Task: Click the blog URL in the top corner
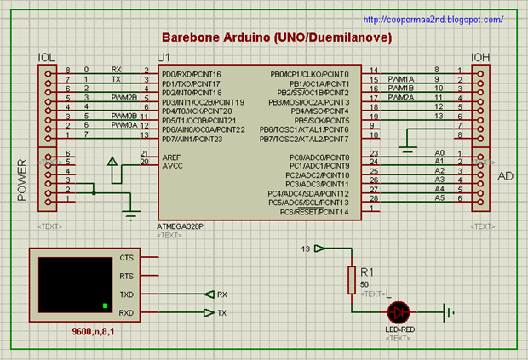point(433,19)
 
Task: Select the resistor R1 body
point(350,279)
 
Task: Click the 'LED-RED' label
point(399,329)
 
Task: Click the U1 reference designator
point(165,57)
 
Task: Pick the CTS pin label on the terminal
point(127,257)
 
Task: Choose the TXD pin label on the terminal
point(127,294)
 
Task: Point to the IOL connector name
point(47,57)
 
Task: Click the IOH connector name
point(481,57)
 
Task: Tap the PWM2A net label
point(400,97)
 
